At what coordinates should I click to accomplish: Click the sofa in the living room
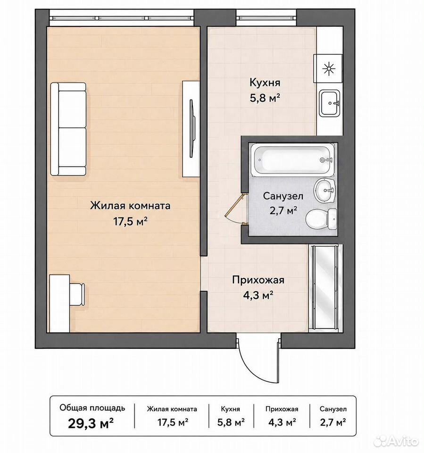(x=68, y=129)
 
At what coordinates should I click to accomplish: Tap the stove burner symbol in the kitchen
(x=329, y=69)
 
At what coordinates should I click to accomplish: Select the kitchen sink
(x=330, y=103)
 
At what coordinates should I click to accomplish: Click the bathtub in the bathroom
(x=292, y=160)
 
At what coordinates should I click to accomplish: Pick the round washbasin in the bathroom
(x=324, y=190)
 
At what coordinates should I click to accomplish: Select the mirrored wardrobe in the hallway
(x=324, y=288)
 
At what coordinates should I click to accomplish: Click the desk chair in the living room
(x=77, y=294)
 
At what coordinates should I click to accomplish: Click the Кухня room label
(x=265, y=83)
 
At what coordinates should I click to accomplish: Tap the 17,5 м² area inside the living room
(x=130, y=222)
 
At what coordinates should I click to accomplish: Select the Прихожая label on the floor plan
(x=258, y=280)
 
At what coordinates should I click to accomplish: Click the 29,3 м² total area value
(x=91, y=424)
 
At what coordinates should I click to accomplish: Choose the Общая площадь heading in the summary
(x=92, y=408)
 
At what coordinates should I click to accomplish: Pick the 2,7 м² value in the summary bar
(x=333, y=422)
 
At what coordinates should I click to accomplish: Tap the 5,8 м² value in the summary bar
(x=231, y=422)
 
